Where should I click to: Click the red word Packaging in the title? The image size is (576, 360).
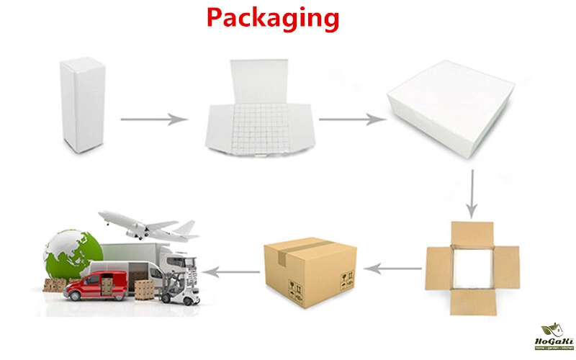(272, 17)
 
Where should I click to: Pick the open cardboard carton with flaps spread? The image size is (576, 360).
(472, 268)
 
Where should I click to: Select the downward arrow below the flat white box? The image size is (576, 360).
(471, 194)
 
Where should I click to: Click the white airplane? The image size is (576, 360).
(147, 225)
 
